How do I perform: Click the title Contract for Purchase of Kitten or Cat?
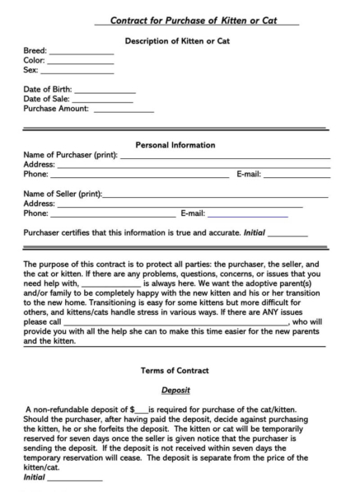coord(196,19)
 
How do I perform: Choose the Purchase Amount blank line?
coord(124,111)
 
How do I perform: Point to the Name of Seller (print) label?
coord(63,194)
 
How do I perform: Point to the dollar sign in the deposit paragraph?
coord(133,410)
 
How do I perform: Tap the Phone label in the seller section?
coord(35,213)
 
